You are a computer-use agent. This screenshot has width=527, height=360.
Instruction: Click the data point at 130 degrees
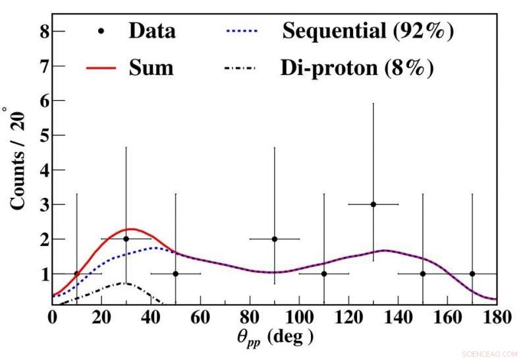point(374,204)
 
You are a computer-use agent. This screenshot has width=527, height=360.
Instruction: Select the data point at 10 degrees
point(77,274)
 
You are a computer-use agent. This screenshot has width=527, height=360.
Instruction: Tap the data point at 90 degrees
point(275,239)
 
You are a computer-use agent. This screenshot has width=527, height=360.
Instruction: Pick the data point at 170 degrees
point(472,274)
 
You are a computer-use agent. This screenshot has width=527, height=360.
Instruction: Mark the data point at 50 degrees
point(176,274)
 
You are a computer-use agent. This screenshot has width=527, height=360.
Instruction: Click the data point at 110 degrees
point(324,274)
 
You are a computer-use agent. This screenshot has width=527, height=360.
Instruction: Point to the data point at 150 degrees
point(423,274)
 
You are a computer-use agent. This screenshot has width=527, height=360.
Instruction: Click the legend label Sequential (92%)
point(368,30)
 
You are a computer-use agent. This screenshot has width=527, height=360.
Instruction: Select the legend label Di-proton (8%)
point(358,67)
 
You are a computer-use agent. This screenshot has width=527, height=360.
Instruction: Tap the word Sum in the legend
point(151,67)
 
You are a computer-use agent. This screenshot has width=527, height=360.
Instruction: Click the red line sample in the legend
point(101,67)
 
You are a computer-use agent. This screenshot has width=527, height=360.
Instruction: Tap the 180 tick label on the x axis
point(495,318)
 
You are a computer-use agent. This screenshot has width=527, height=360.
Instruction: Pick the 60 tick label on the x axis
point(200,318)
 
